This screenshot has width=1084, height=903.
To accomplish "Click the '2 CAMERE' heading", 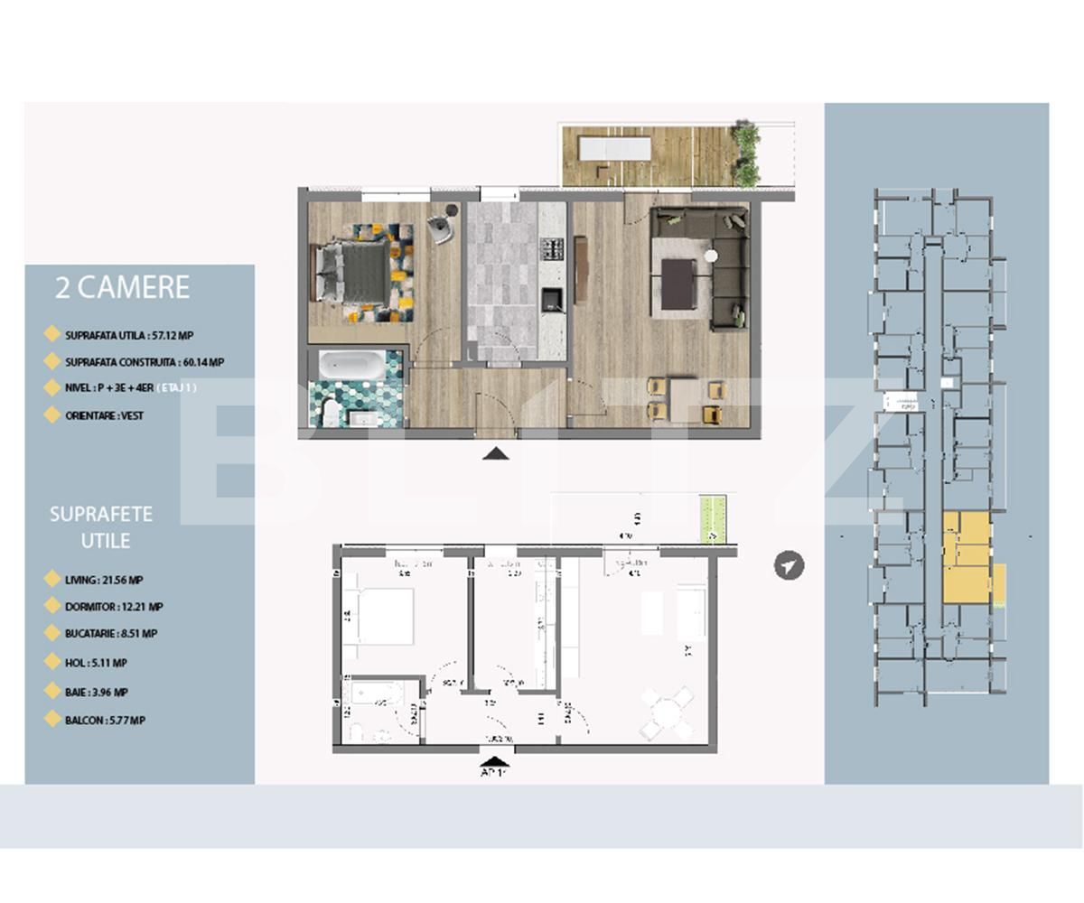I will click(x=122, y=287).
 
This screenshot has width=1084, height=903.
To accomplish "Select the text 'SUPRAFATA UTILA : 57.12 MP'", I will click(x=128, y=335).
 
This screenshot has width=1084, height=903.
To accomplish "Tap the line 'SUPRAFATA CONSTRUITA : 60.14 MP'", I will click(x=144, y=362).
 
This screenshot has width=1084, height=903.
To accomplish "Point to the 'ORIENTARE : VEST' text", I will click(x=104, y=415).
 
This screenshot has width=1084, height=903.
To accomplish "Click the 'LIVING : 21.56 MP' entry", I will click(x=104, y=581).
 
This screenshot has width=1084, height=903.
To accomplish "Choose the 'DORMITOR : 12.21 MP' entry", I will click(x=114, y=607).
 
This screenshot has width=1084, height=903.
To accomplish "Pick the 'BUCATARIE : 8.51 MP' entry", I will click(x=110, y=634).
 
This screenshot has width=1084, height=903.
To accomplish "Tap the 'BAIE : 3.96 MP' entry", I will click(x=96, y=693).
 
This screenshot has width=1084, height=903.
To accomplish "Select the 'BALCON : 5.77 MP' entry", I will click(x=105, y=721).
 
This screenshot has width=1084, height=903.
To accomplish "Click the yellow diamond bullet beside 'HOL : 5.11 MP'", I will click(x=52, y=662).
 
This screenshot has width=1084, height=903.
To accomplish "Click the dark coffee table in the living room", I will click(x=679, y=283).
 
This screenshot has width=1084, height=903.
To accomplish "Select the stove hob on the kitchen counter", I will click(x=550, y=246).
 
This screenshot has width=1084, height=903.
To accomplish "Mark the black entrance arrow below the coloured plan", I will click(x=495, y=453).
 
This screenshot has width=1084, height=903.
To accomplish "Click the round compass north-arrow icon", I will click(x=789, y=565).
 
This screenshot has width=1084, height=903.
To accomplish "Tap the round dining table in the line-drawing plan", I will click(x=666, y=713).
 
